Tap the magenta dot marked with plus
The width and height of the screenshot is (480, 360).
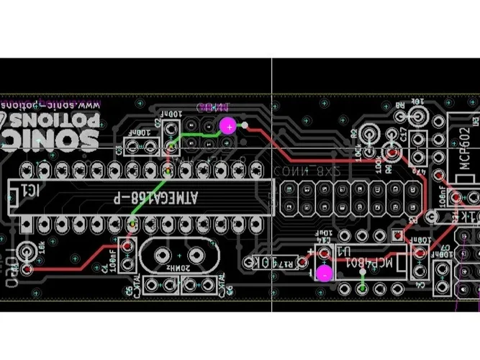[227, 127]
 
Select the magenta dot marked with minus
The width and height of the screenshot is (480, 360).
[325, 273]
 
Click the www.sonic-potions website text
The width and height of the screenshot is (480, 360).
[54, 104]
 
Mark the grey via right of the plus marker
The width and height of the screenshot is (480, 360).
[245, 125]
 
